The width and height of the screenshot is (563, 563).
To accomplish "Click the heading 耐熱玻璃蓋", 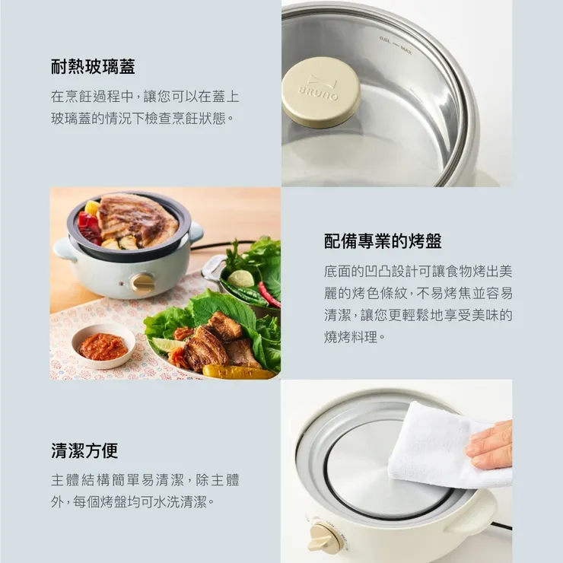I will [93, 67].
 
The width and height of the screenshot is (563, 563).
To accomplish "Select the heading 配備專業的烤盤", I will [383, 241].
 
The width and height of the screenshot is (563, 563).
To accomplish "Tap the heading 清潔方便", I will [84, 450].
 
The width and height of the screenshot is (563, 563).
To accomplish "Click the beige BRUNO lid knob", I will [320, 92].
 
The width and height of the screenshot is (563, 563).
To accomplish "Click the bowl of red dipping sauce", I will [103, 347].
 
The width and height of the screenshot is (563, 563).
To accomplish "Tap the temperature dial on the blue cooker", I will [142, 283].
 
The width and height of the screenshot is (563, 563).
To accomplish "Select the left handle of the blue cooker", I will [64, 249].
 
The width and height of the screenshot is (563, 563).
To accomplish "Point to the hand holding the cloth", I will [491, 445].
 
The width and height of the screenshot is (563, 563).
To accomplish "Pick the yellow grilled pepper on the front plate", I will [237, 372].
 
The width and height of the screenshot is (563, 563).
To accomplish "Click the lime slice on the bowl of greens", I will [241, 278].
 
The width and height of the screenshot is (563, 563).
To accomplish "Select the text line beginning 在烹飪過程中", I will [145, 97].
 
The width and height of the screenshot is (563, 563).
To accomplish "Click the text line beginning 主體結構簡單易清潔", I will [145, 480].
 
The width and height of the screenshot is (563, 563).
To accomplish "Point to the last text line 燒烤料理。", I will [351, 336].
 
